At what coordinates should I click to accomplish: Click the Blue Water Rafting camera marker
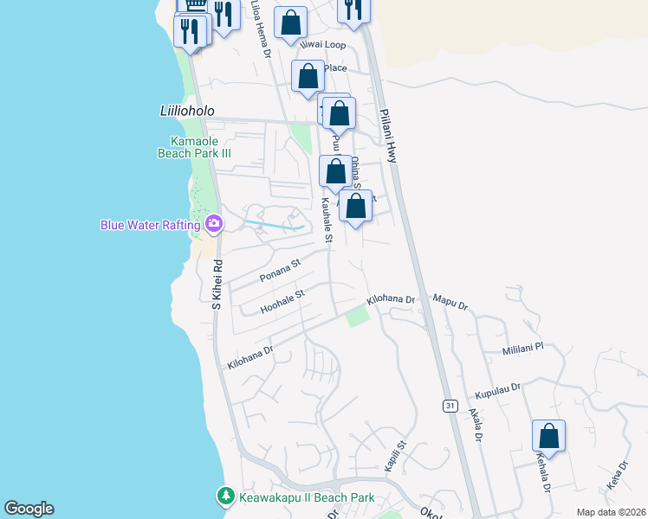point(214,225)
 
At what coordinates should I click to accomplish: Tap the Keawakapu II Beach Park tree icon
point(226,497)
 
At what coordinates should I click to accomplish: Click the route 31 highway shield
point(450,406)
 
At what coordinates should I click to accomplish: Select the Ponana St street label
point(279,271)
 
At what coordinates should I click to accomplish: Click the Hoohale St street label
point(283,301)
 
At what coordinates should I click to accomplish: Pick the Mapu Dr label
point(450,304)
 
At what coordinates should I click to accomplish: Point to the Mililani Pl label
point(522,348)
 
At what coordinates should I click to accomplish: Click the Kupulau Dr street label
point(498,390)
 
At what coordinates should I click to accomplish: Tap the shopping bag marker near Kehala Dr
point(548,435)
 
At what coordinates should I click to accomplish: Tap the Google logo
point(29,509)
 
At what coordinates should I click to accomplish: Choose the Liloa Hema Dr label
point(260,29)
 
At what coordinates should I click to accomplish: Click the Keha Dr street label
point(616,474)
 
